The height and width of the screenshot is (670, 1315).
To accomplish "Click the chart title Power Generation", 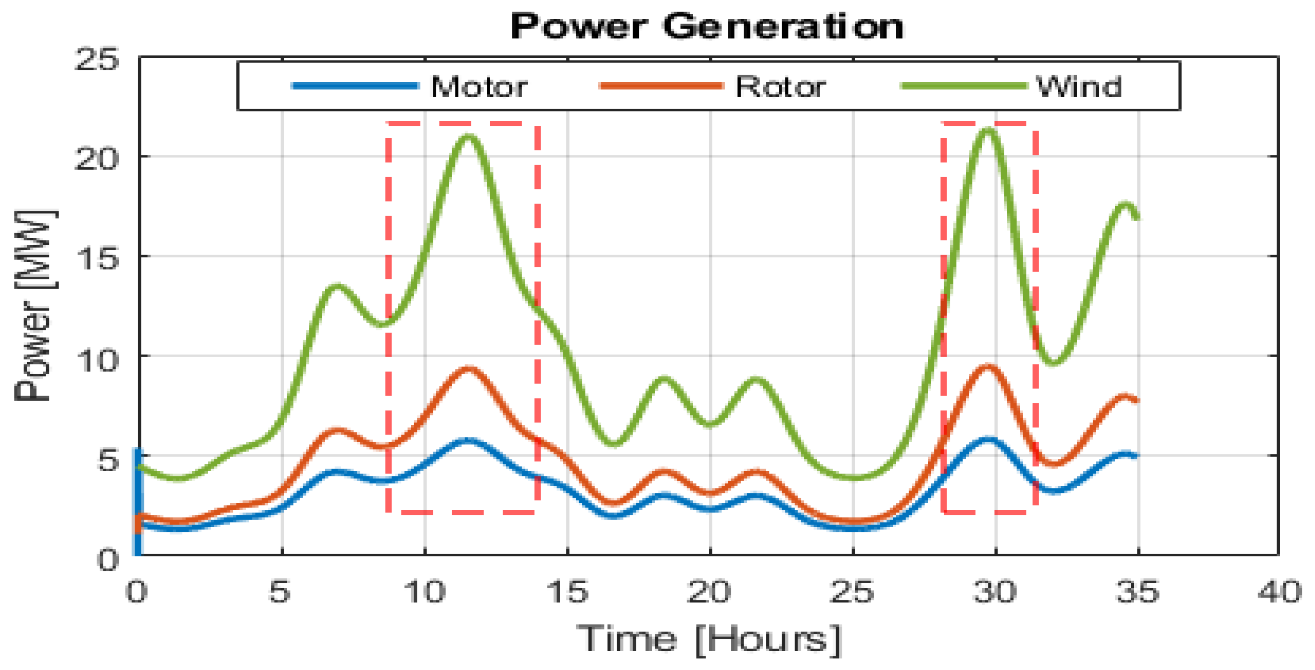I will [x=707, y=26].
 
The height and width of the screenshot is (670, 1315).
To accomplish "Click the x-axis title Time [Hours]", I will [x=709, y=639].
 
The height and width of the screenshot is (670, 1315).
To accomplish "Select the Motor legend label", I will [x=479, y=87].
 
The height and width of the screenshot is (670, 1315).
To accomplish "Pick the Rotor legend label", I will [x=781, y=87].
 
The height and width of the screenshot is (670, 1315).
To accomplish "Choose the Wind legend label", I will [x=1079, y=87].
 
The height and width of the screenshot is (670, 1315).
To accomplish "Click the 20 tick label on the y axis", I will [x=96, y=158].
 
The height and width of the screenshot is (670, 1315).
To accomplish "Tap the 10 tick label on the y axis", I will [x=96, y=360].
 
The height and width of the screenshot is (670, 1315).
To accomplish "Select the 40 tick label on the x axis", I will [x=1279, y=592].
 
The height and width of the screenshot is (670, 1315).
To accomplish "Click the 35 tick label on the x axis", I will [x=1138, y=592].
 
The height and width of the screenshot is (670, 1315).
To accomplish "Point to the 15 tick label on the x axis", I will [x=567, y=592].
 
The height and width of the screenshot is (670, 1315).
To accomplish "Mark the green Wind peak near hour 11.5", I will [x=468, y=136].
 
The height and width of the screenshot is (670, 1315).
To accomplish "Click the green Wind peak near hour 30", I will [x=989, y=131].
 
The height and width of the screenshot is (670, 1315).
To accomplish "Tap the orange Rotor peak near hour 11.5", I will [x=468, y=368].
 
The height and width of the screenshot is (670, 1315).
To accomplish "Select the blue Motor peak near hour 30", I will [x=989, y=439].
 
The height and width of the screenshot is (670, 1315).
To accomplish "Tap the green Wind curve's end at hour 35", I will [x=1137, y=218].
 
